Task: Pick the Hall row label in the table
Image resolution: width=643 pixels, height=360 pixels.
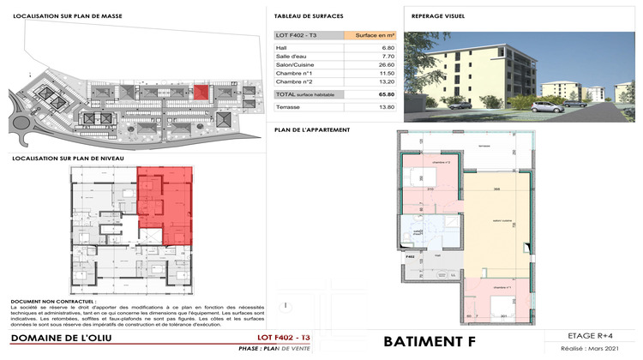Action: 282,48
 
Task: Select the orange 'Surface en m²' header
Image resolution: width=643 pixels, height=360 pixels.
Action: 370,35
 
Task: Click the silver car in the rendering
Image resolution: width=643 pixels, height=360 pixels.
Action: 545,106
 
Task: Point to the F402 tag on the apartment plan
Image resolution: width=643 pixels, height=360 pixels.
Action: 410,255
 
